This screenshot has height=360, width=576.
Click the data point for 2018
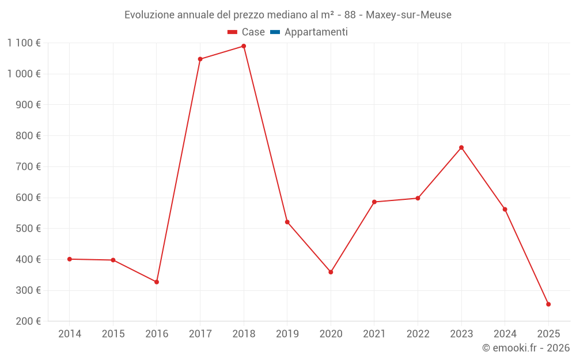click(x=244, y=46)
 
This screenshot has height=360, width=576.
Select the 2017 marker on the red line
click(x=200, y=59)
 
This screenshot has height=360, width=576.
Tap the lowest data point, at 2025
click(x=548, y=304)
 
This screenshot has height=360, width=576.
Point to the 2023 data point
click(x=461, y=147)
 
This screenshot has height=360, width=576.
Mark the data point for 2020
click(x=331, y=272)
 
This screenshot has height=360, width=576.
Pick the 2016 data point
click(x=157, y=282)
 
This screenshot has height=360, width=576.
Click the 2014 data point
click(x=70, y=259)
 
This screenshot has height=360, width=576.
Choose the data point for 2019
click(x=287, y=222)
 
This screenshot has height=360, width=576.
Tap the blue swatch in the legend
click(x=275, y=32)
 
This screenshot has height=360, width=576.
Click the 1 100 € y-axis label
click(x=24, y=43)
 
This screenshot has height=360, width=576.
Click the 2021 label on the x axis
click(x=374, y=334)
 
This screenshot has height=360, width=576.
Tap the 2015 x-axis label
click(x=113, y=334)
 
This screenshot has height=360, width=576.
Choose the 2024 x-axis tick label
click(x=505, y=334)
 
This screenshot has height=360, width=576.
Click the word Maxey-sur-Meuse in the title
click(x=408, y=15)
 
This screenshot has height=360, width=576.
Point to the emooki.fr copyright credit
click(x=526, y=348)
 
